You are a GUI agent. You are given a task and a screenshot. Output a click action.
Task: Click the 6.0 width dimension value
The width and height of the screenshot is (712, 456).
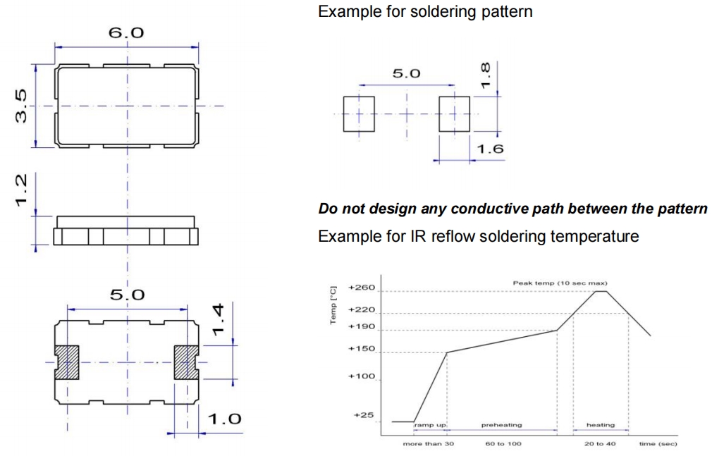(x=127, y=33)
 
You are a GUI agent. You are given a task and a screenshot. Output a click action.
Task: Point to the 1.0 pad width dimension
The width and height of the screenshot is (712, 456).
(x=224, y=419)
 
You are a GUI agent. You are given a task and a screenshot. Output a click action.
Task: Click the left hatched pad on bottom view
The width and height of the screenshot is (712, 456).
(x=68, y=362)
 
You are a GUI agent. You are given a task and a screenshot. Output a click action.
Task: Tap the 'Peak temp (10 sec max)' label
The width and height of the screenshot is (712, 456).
(x=560, y=283)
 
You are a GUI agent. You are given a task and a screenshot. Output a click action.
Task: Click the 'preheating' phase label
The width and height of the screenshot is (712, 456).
(x=501, y=425)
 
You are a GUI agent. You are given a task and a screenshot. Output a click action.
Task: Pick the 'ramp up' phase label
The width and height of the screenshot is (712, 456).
(x=430, y=425)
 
